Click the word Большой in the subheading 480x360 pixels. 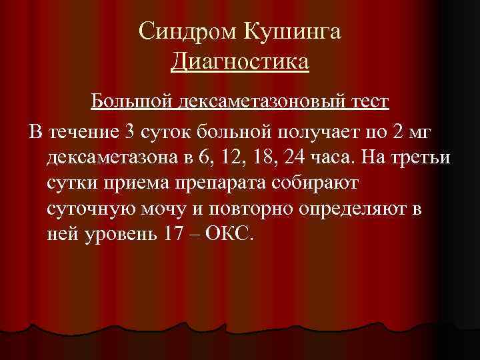tap(131, 101)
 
